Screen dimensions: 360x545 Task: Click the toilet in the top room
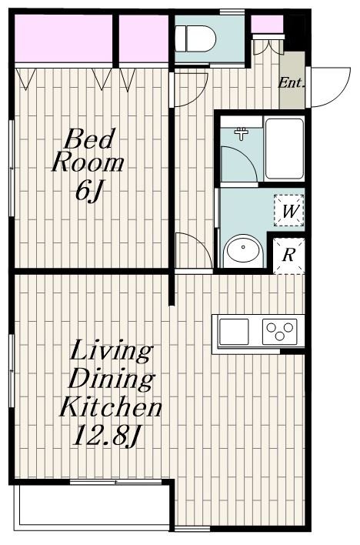pyautogui.click(x=195, y=38)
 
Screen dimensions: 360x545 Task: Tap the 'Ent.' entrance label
pyautogui.click(x=292, y=82)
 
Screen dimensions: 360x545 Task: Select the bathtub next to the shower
pyautogui.click(x=285, y=149)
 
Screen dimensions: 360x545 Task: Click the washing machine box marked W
pyautogui.click(x=288, y=211)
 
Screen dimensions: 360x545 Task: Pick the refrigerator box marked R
pyautogui.click(x=288, y=256)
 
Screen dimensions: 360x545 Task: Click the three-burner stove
pyautogui.click(x=280, y=331)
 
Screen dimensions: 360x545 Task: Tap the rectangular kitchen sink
pyautogui.click(x=234, y=332)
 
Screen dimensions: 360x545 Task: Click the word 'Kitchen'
pyautogui.click(x=111, y=407)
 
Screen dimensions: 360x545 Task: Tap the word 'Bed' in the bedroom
pyautogui.click(x=89, y=139)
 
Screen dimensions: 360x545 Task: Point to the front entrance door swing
pyautogui.click(x=329, y=87)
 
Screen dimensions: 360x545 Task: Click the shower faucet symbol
pyautogui.click(x=242, y=133)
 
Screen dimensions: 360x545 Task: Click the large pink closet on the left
pyautogui.click(x=64, y=38)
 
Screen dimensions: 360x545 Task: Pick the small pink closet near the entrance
pyautogui.click(x=267, y=24)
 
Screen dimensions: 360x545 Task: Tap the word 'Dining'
pyautogui.click(x=112, y=379)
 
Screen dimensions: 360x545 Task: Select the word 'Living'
pyautogui.click(x=112, y=351)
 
